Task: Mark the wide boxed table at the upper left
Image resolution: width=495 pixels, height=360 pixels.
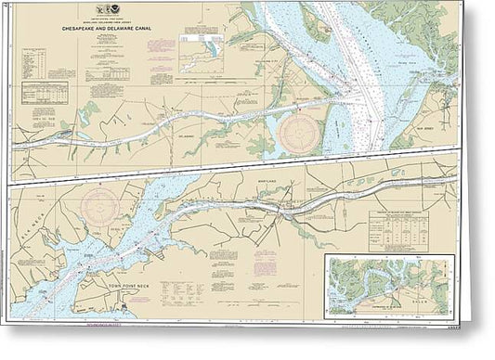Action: (x=44, y=95)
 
